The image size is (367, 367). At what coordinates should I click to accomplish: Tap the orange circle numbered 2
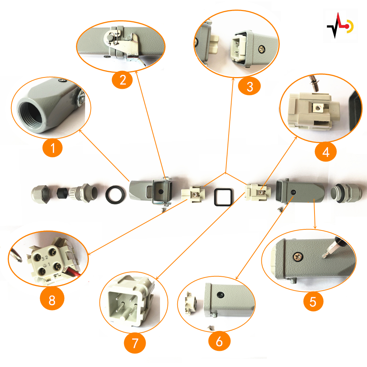coord(121,80)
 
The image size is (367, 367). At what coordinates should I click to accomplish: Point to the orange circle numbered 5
coord(313,302)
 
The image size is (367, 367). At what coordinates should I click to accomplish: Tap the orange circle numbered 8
coord(52,301)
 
